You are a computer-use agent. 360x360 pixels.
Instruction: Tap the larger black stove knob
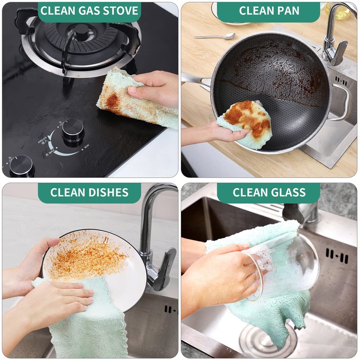pos(72,130)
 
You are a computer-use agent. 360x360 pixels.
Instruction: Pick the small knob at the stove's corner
pos(22,165)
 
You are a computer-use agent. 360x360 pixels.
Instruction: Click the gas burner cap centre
pos(81,31)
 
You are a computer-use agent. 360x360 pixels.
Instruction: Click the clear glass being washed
pos(288,268)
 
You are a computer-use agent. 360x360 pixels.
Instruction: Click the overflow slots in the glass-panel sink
pos(337,256)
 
